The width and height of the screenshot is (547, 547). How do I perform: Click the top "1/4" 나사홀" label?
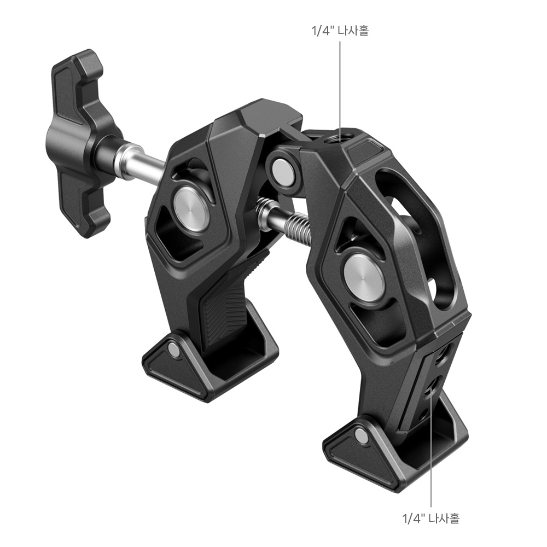tap(340, 31)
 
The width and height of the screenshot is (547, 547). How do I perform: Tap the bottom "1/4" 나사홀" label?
tap(431, 518)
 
